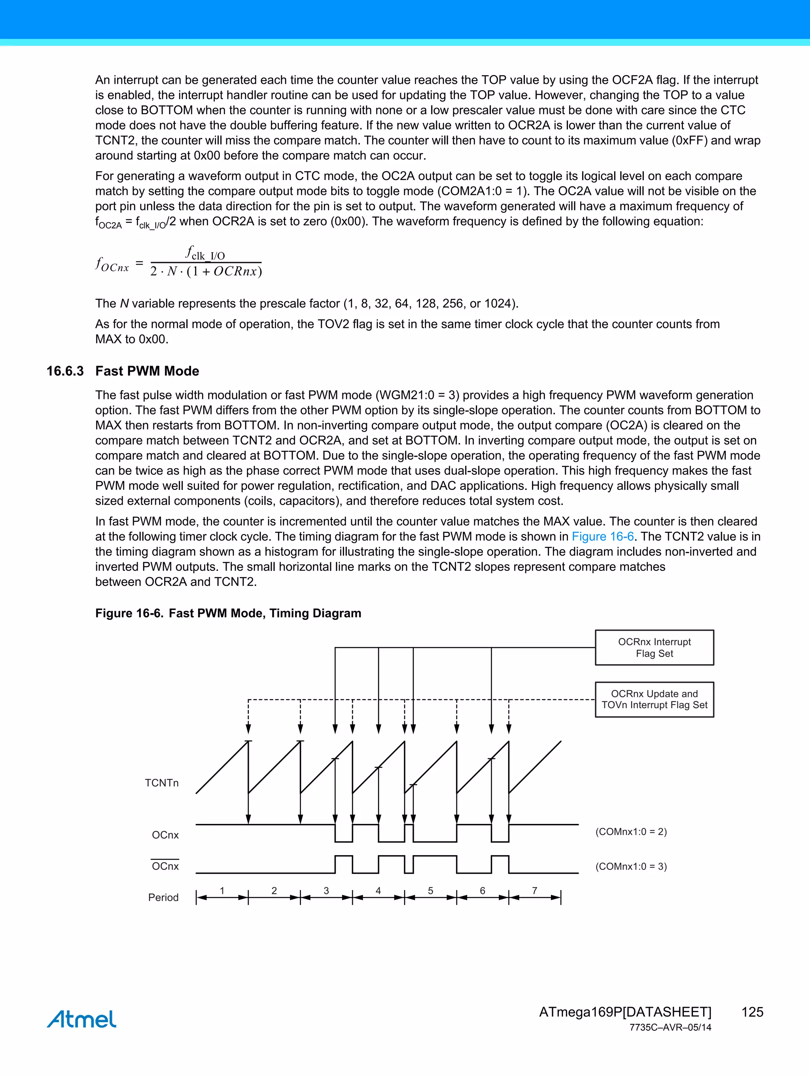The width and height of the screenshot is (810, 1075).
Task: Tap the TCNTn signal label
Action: click(x=162, y=783)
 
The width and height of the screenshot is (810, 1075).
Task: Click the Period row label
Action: click(x=163, y=897)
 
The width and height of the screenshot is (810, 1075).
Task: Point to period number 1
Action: click(x=222, y=891)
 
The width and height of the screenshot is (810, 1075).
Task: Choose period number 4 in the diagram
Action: click(x=378, y=891)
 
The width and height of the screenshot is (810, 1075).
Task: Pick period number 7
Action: click(x=534, y=891)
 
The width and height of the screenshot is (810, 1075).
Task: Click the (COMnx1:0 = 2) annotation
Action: click(x=631, y=831)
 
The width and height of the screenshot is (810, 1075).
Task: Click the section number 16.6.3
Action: click(x=65, y=371)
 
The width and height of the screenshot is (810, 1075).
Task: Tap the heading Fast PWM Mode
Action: click(x=147, y=371)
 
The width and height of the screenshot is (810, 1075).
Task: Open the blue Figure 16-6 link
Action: click(x=602, y=537)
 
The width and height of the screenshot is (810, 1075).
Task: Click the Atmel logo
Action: click(x=82, y=1019)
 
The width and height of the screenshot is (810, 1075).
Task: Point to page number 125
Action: click(x=752, y=1012)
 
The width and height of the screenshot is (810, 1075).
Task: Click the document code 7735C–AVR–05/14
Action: click(x=670, y=1028)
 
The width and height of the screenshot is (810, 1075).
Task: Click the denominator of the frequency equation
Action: click(x=206, y=271)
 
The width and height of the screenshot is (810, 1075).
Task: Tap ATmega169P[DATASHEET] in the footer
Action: click(x=625, y=1012)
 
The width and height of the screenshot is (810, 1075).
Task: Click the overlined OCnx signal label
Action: click(x=165, y=866)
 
